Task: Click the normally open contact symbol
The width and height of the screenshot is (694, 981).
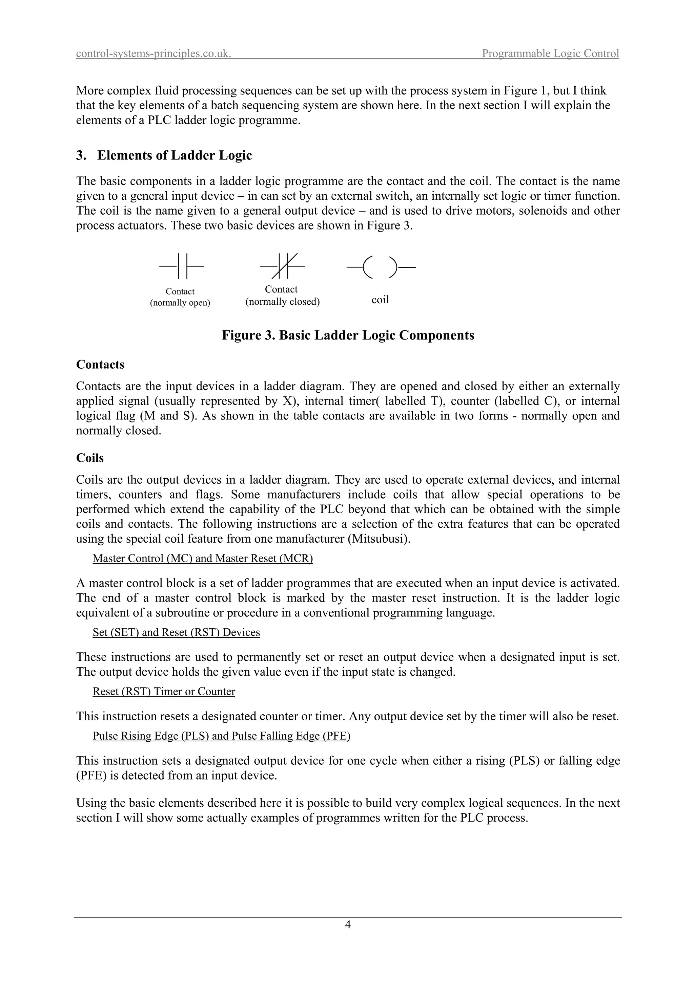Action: [182, 266]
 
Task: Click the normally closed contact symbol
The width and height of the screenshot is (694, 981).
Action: [283, 266]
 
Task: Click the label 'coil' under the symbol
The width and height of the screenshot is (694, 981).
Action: [380, 300]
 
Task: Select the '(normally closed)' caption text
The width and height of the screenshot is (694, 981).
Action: [282, 302]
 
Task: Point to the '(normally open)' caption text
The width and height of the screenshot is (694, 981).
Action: [180, 303]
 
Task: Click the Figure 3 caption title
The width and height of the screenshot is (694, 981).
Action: [348, 335]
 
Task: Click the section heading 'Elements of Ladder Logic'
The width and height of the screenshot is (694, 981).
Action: [175, 155]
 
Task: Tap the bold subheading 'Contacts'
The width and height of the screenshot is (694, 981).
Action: [100, 365]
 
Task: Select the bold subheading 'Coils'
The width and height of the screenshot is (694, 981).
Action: [90, 458]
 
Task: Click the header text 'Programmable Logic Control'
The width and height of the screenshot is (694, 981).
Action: [550, 53]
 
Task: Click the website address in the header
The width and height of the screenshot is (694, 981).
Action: [154, 53]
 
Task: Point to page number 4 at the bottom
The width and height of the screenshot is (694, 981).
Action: [348, 924]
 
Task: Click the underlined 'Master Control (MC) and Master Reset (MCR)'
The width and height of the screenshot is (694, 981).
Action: [203, 559]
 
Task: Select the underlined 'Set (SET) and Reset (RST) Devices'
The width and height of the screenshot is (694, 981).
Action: [176, 632]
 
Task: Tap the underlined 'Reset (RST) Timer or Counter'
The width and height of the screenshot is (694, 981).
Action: [164, 692]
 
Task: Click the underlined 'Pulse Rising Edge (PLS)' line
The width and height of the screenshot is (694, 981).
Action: [222, 736]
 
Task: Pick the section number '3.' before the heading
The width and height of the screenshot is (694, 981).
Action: [81, 155]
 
